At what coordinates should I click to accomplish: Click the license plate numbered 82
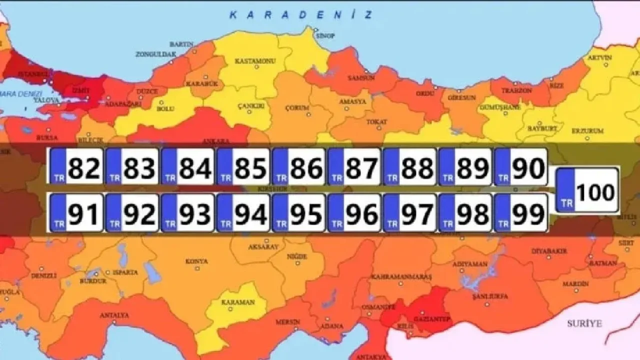click(x=76, y=166)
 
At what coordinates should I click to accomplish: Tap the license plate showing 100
click(x=588, y=190)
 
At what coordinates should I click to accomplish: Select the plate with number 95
click(x=298, y=213)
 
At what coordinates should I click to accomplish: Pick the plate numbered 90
click(x=520, y=166)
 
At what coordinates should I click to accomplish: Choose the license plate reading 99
click(x=520, y=213)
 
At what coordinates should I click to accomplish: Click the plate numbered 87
click(x=354, y=166)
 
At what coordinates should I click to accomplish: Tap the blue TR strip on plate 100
click(x=566, y=190)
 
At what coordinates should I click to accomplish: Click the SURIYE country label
click(x=584, y=323)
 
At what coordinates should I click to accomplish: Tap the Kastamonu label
click(x=255, y=61)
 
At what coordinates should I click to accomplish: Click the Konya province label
click(x=196, y=261)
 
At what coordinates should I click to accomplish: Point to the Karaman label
click(x=238, y=302)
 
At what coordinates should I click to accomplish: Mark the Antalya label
click(x=114, y=315)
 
